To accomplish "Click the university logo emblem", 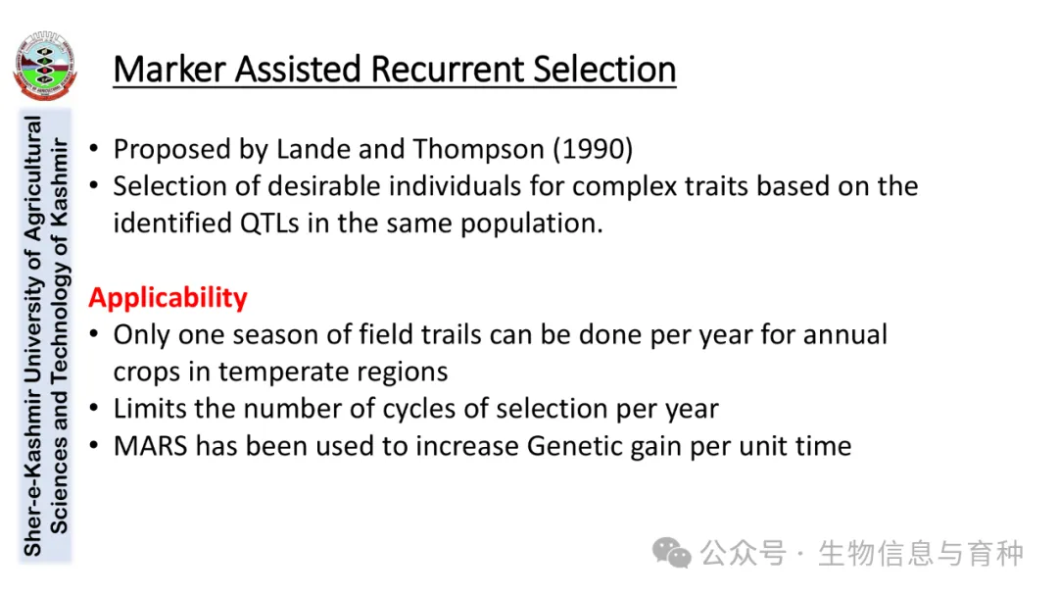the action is [44, 66].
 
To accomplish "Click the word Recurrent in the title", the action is [447, 70].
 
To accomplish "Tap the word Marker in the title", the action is [168, 70].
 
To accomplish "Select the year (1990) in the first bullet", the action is [593, 149].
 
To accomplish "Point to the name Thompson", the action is [478, 149].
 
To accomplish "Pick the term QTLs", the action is [269, 223].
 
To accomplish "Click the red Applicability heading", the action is [168, 298].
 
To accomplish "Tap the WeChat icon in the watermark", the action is [671, 553].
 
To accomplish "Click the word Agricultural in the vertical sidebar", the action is [33, 178].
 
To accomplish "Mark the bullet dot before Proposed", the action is [94, 148].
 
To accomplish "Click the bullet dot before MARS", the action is [94, 445].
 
